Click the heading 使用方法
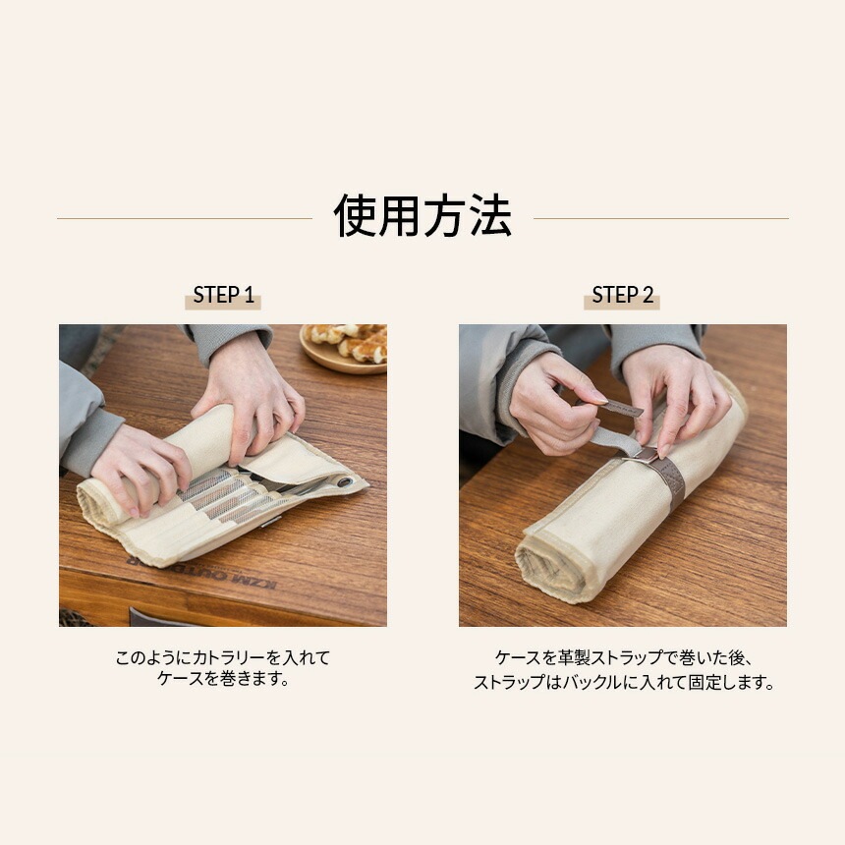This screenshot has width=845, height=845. click(422, 216)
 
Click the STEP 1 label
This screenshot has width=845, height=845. click(223, 296)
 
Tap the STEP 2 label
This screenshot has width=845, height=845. click(622, 296)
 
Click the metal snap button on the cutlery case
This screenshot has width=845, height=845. click(344, 481)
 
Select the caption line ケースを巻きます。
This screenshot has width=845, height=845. click(223, 679)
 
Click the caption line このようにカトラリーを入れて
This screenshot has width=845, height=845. click(223, 657)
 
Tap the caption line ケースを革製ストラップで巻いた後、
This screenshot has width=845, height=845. click(624, 657)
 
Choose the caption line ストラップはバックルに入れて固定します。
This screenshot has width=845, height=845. click(624, 682)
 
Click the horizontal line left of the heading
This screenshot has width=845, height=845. click(185, 219)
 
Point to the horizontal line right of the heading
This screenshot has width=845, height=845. click(660, 219)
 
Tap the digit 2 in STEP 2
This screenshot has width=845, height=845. click(648, 296)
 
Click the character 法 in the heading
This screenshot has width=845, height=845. click(490, 216)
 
